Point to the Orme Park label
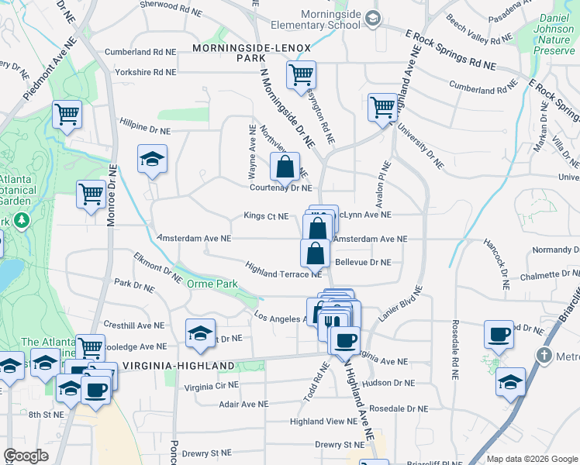(x=212, y=284)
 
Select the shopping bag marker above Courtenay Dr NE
(x=285, y=165)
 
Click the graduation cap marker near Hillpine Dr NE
(x=152, y=160)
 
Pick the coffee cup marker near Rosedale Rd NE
(x=499, y=334)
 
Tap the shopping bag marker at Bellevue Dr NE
(x=315, y=253)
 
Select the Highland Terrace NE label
(x=283, y=269)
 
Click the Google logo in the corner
(x=26, y=455)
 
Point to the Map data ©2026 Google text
(x=531, y=459)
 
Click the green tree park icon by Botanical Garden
(x=22, y=221)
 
